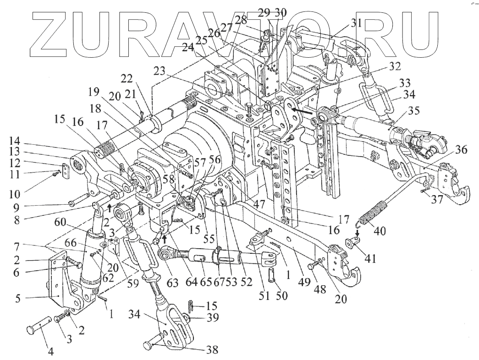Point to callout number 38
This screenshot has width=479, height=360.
tap(212, 350)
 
